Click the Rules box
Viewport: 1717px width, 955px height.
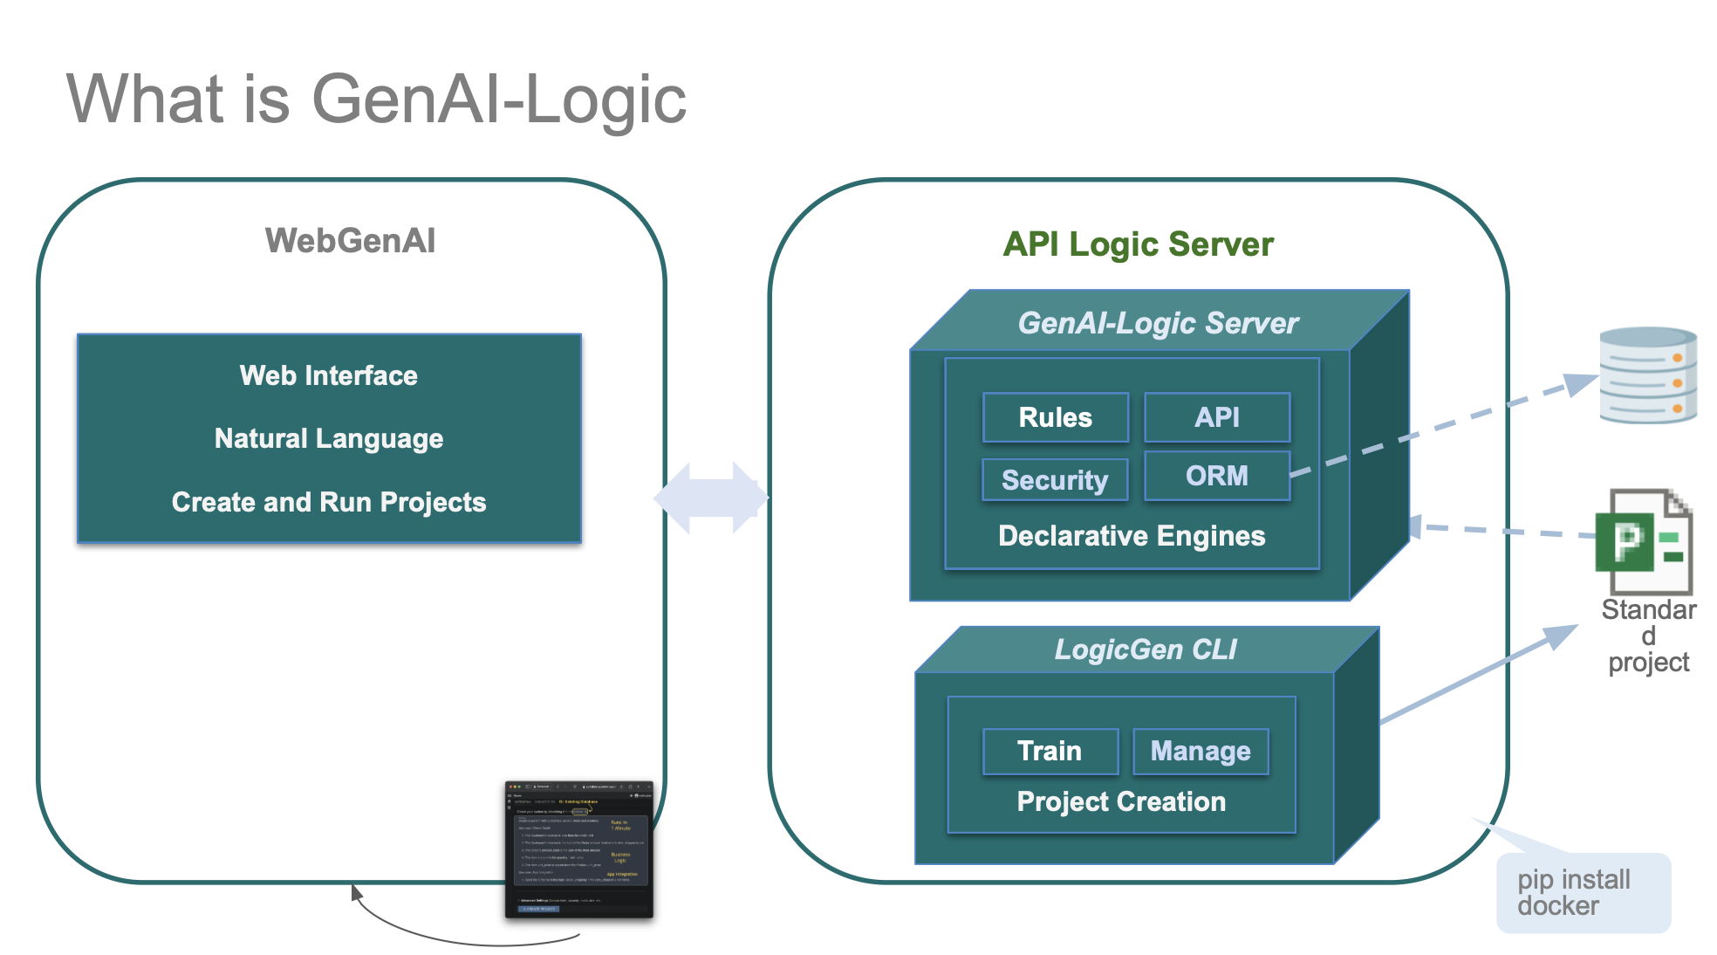pos(1055,417)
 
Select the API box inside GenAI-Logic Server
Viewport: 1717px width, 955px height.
pos(1216,417)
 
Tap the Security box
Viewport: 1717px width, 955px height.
pos(1054,479)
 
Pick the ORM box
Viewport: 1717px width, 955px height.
pos(1216,476)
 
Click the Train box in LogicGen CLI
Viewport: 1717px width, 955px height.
pos(1050,751)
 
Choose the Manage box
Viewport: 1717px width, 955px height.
pos(1200,751)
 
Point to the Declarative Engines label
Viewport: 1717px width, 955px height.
pos(1131,535)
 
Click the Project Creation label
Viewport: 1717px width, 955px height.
pos(1121,801)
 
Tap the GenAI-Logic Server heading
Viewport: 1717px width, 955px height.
pos(1158,323)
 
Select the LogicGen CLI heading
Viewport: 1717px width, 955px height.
pos(1145,649)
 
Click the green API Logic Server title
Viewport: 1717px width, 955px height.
pos(1138,244)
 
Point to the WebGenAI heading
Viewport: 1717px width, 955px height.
pos(350,241)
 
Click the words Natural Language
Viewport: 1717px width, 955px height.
pos(329,438)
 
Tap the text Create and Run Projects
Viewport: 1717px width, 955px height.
pos(329,502)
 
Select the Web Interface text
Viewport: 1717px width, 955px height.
pos(329,375)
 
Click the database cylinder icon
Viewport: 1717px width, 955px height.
pos(1647,374)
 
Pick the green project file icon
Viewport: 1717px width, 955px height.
pos(1643,541)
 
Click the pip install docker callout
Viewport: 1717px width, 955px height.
pos(1583,892)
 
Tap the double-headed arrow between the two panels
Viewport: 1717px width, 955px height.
pos(711,498)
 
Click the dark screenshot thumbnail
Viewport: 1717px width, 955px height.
pos(578,849)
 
